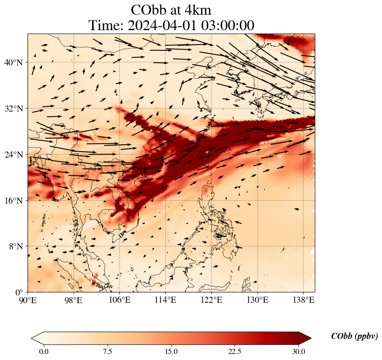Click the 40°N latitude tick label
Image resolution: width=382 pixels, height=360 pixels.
tap(13, 62)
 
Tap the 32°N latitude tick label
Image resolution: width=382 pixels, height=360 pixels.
tap(13, 109)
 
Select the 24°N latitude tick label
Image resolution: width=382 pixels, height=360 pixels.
tap(13, 155)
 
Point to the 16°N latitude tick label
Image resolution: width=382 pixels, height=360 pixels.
tap(13, 201)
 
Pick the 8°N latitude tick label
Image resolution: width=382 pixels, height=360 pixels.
tap(15, 246)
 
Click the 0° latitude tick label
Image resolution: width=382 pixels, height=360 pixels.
tap(19, 292)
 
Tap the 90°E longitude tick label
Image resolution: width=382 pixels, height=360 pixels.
tap(28, 300)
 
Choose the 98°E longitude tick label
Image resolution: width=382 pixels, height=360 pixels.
tap(74, 300)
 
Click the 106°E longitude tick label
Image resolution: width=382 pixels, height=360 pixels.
tap(120, 300)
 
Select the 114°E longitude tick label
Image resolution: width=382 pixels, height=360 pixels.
tap(165, 300)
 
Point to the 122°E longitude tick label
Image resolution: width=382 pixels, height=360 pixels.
tap(211, 300)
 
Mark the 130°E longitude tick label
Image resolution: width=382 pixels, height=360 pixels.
tap(257, 300)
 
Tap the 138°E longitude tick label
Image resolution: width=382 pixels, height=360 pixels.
tap(303, 300)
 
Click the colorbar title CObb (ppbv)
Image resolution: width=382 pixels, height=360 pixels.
tap(354, 336)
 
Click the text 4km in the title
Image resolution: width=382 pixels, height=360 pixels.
tap(196, 9)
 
